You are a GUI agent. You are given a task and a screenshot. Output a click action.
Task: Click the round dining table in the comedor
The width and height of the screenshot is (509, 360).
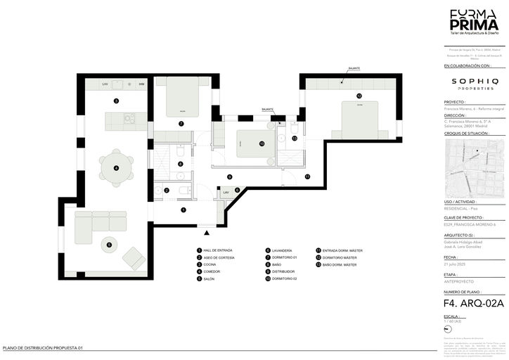point(116,167)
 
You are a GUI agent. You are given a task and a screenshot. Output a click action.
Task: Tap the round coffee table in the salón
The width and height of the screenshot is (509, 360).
point(109,245)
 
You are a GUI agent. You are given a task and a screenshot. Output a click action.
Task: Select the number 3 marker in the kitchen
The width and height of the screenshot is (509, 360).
point(115,101)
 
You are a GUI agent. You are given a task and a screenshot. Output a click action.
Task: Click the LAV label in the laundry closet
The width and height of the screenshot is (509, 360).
point(226,192)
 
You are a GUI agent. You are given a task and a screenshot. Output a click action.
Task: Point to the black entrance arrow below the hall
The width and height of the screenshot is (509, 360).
point(206,233)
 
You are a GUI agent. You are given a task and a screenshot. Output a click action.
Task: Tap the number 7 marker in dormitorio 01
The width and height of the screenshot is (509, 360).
point(181,124)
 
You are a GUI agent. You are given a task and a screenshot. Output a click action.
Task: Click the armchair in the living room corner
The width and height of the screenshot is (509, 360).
point(134,258)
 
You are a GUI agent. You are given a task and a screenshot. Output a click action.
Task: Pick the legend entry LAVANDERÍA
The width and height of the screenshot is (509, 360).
point(282,250)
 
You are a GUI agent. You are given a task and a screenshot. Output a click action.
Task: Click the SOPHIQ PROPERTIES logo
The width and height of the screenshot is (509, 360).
point(475,84)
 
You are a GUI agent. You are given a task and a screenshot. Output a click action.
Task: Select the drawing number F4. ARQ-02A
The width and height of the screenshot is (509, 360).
point(475,304)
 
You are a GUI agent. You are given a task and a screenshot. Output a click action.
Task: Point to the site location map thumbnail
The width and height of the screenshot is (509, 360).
point(475,168)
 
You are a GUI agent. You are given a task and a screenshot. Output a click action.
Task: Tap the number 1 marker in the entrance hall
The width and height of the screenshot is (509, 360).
point(183,210)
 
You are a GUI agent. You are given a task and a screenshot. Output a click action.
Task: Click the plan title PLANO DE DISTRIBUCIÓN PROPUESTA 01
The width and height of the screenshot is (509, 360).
point(43,348)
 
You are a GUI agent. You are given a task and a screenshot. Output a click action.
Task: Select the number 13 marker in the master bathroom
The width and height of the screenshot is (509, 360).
point(295,139)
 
